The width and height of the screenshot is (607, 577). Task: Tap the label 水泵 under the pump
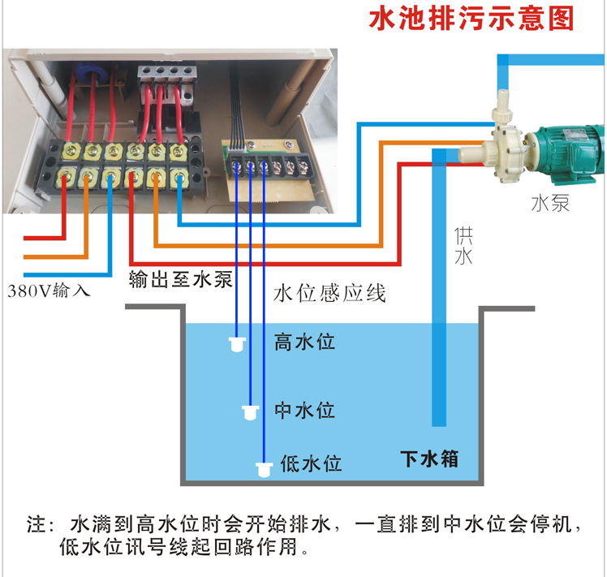click(x=549, y=202)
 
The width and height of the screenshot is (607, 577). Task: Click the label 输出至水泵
click(x=180, y=281)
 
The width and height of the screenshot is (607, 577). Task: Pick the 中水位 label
click(x=304, y=410)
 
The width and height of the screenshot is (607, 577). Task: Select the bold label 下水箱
click(x=430, y=459)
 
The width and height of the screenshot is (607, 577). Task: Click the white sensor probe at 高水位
click(x=237, y=345)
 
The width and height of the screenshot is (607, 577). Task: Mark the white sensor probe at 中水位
click(x=251, y=411)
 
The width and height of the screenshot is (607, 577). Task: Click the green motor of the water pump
click(x=568, y=149)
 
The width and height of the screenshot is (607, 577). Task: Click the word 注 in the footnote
click(x=37, y=523)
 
